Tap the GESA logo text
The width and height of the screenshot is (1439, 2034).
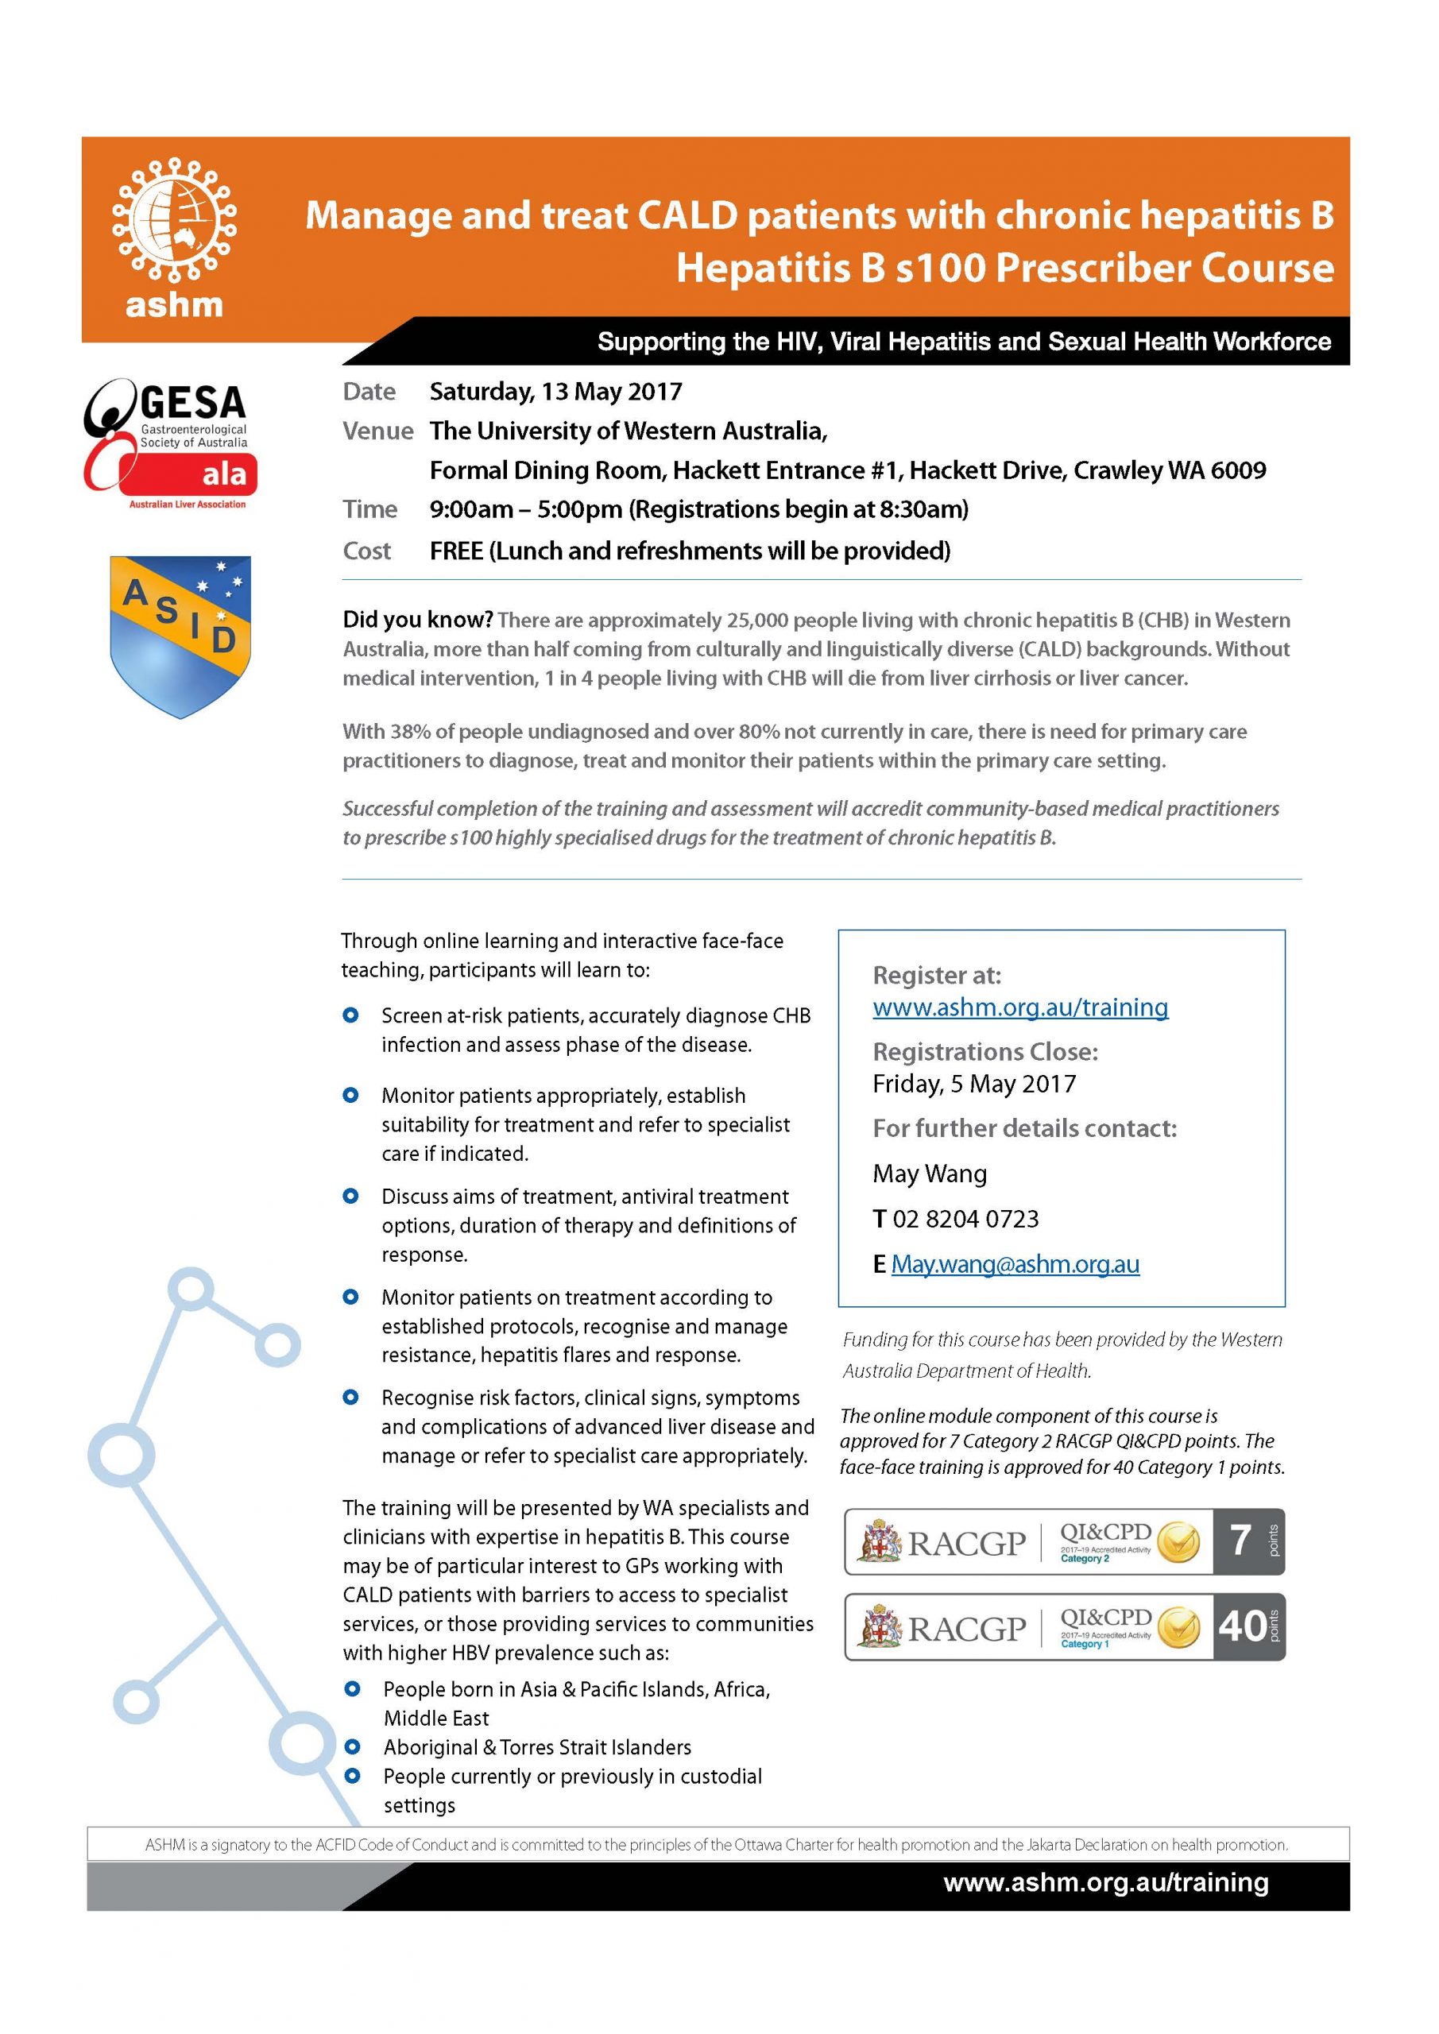point(192,403)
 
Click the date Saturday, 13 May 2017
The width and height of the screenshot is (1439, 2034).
point(555,392)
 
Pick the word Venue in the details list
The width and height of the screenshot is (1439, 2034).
point(377,431)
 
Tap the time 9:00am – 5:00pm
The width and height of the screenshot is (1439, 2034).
point(526,509)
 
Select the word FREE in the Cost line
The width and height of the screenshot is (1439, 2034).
point(456,551)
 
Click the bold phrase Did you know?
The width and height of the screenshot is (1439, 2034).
point(417,619)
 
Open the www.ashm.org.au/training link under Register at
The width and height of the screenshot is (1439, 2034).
point(1020,1007)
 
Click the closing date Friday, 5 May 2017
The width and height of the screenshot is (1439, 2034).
point(974,1084)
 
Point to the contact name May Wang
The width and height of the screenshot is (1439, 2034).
point(930,1174)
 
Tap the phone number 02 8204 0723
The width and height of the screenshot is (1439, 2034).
point(965,1219)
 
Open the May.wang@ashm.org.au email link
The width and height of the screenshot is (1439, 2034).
point(1015,1264)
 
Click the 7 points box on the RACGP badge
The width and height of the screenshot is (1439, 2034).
point(1248,1541)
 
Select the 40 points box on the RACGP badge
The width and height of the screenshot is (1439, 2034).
point(1248,1626)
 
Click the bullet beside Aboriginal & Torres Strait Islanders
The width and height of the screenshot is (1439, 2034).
point(353,1747)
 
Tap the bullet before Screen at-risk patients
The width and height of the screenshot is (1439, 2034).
point(351,1015)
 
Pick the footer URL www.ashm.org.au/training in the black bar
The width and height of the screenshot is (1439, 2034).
point(1105,1881)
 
